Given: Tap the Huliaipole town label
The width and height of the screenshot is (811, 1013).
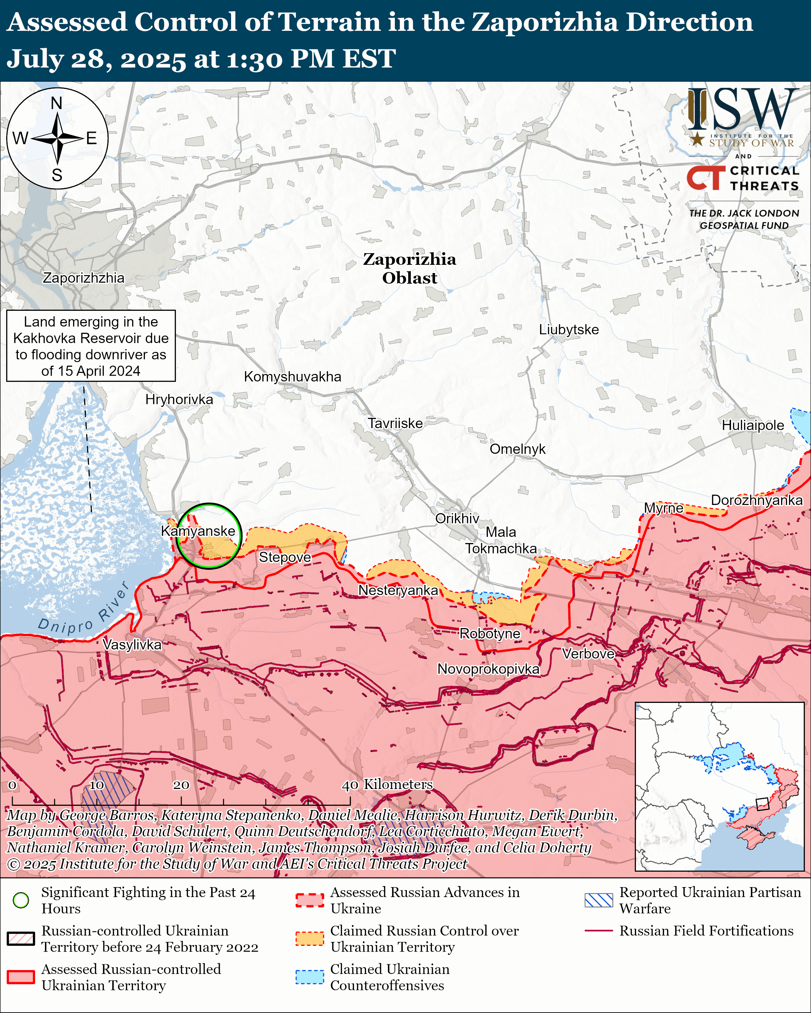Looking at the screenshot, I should coord(753,425).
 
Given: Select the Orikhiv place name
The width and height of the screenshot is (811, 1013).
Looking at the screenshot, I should coord(457,518).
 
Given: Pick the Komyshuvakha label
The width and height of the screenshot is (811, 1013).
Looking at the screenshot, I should coord(293,376).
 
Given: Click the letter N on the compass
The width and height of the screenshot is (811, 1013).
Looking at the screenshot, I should coord(56,103).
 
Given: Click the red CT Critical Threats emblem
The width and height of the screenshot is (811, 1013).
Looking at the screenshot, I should coord(706,178).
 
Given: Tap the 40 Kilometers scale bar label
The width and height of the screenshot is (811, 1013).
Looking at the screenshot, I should coord(387,784).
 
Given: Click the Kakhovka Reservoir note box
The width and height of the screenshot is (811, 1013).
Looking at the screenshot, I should coord(91,346).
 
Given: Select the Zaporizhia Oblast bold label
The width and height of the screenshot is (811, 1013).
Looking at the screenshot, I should coord(410,268).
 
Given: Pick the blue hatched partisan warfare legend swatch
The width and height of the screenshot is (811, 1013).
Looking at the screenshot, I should coord(598,900).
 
